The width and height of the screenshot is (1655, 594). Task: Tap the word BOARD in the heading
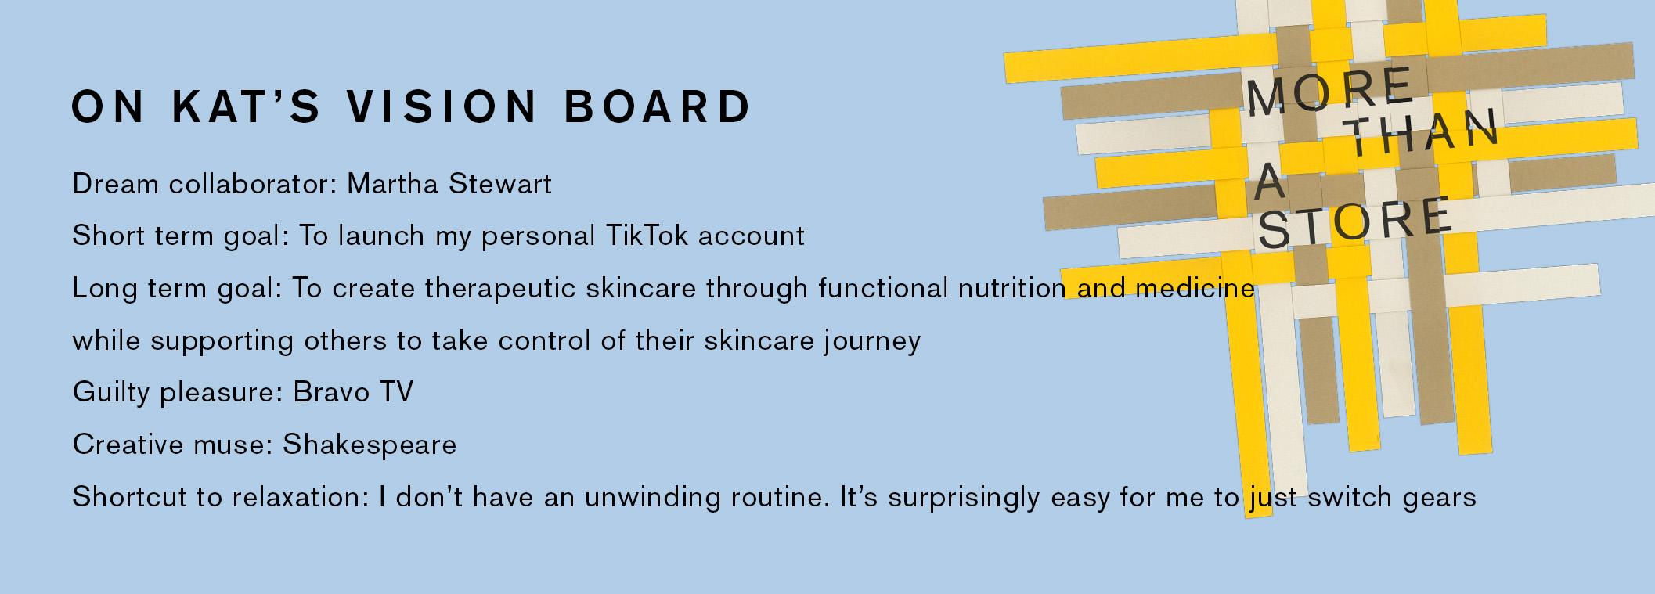pos(658,106)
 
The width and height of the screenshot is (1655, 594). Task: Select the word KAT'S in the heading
pos(246,106)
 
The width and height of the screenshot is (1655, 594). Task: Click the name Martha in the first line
pos(394,184)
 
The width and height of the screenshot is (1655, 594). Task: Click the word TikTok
pos(647,236)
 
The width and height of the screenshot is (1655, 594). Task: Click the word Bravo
pos(331,392)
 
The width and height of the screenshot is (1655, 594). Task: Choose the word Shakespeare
pos(370,445)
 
